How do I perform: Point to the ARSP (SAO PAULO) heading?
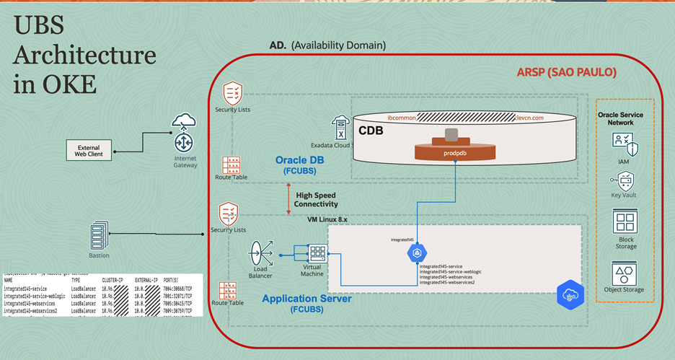coord(566,74)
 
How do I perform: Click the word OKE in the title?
coord(55,85)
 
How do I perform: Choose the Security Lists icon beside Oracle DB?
coord(231,94)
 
